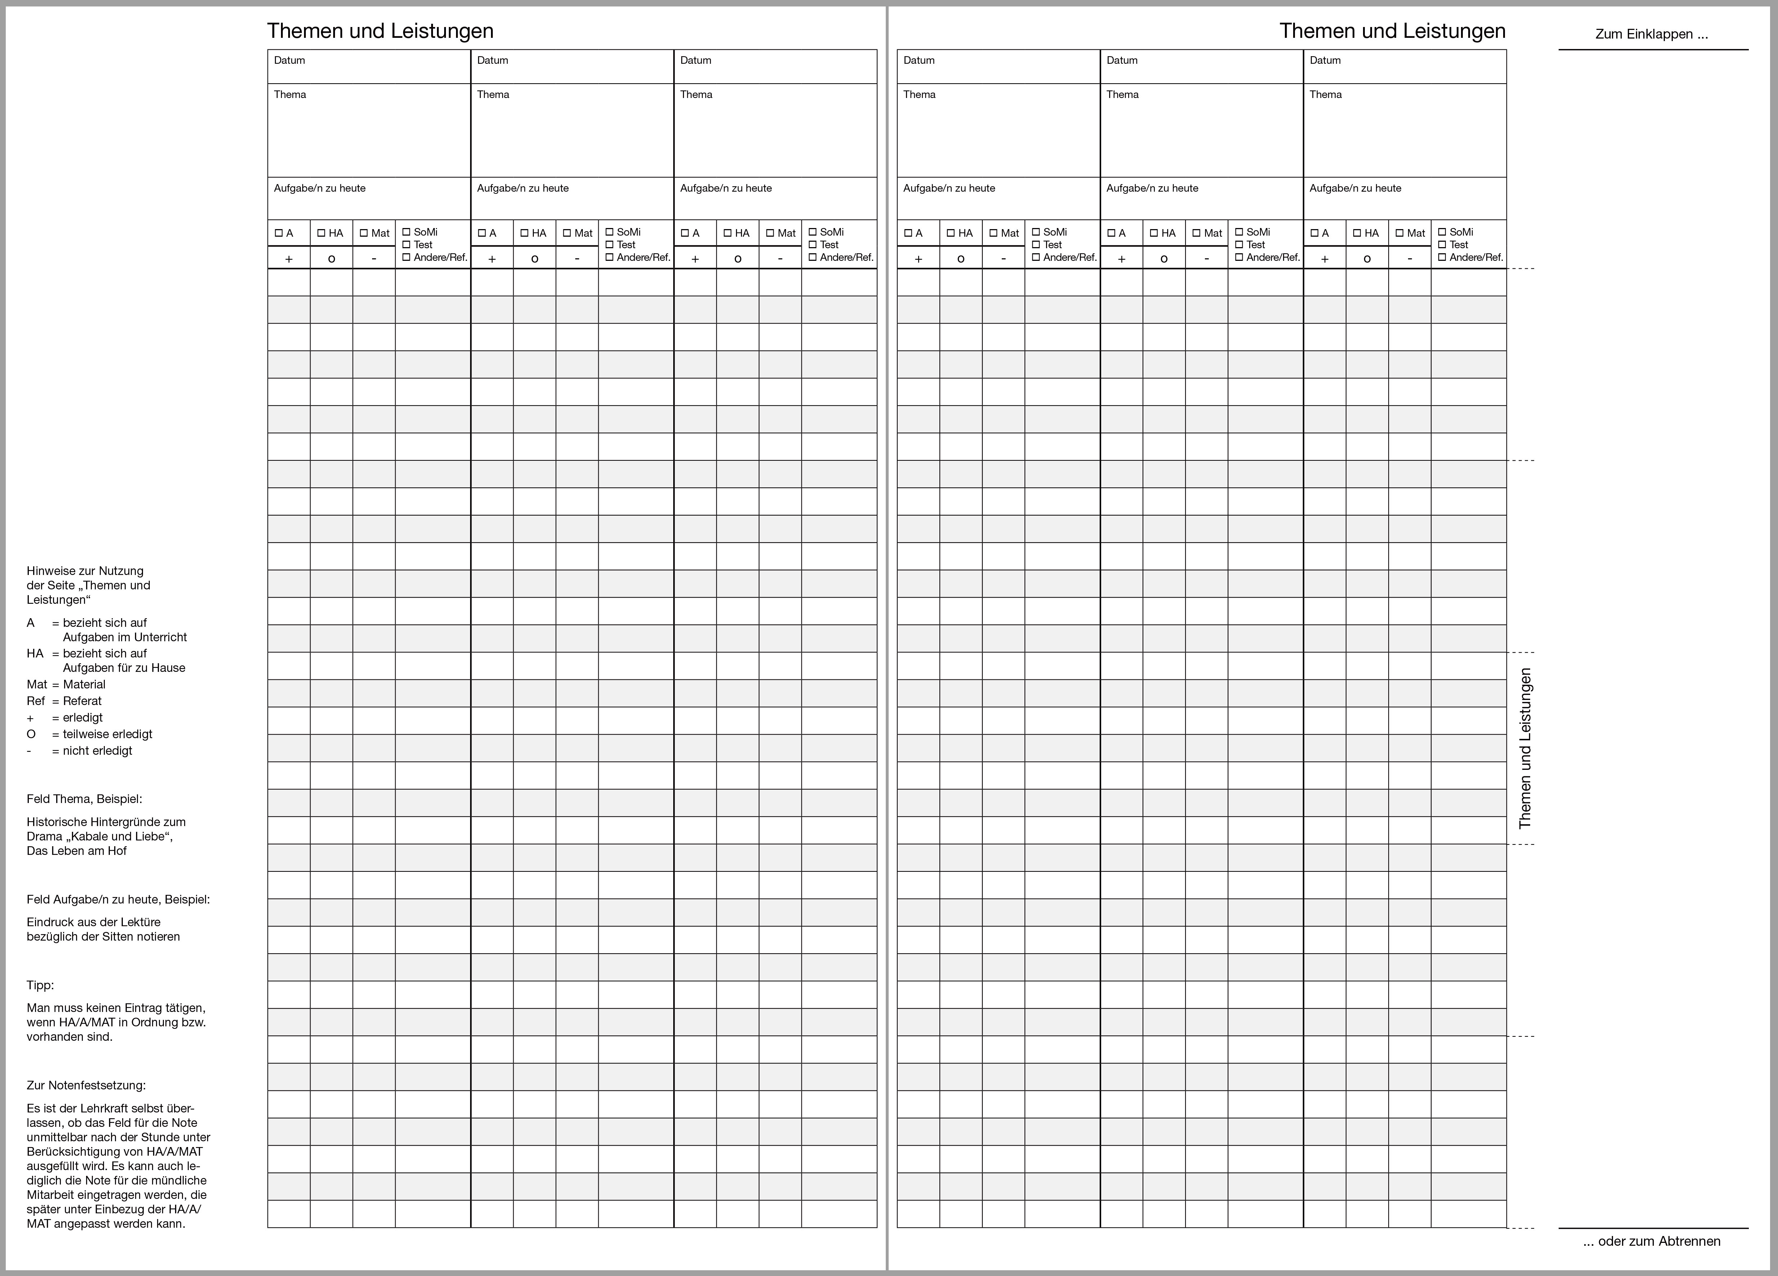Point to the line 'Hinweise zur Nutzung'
pyautogui.click(x=85, y=571)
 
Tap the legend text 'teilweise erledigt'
pyautogui.click(x=107, y=734)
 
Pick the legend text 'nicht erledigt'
pyautogui.click(x=97, y=750)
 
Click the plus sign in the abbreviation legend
pyautogui.click(x=31, y=718)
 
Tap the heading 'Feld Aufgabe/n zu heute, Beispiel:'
pyautogui.click(x=117, y=900)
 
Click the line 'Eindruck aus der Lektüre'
pyautogui.click(x=93, y=922)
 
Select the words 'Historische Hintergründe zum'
pyautogui.click(x=106, y=822)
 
